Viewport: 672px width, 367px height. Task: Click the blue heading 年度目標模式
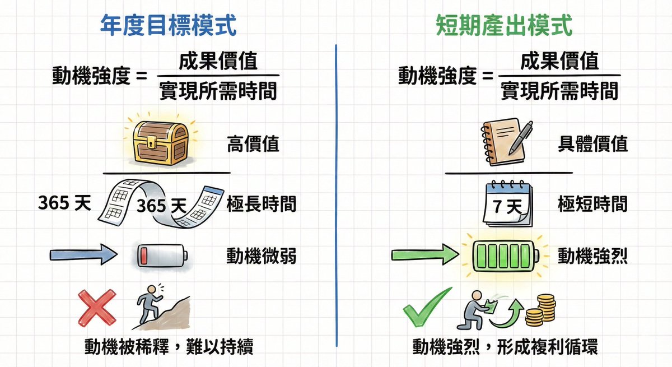click(167, 26)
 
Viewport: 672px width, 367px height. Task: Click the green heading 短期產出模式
click(504, 26)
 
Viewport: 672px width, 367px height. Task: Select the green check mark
click(427, 307)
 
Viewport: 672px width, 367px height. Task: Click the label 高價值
click(253, 144)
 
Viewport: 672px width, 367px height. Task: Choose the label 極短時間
click(592, 205)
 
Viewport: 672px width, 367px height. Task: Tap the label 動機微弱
click(261, 256)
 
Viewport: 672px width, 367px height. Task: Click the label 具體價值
click(592, 144)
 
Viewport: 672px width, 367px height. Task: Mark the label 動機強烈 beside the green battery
click(592, 256)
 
